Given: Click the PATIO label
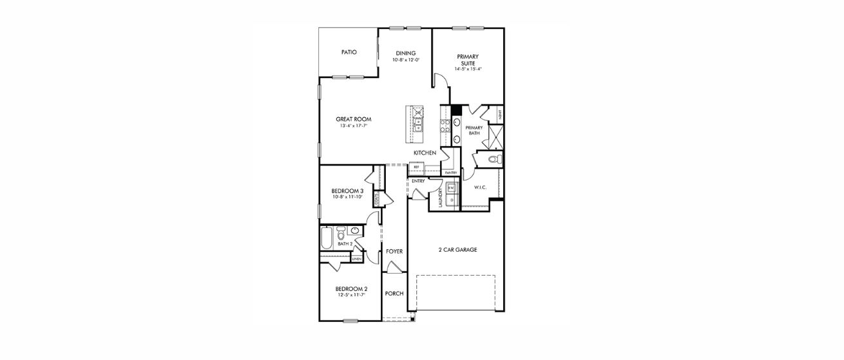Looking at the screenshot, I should click(349, 52).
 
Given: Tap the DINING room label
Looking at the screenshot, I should click(405, 53).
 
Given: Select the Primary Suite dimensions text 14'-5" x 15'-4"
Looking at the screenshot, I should click(468, 69).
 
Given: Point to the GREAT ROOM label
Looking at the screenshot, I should click(353, 119).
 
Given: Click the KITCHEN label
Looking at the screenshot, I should click(425, 153).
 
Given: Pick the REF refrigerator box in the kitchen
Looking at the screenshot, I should click(416, 167).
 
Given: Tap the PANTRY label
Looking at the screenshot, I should click(451, 173).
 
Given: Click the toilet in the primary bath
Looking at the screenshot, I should click(495, 159).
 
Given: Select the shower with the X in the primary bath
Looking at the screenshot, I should click(495, 136).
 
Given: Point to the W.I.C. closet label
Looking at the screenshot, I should click(479, 187).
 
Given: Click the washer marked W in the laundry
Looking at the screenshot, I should click(452, 187).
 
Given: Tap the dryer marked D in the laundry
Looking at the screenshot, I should click(452, 200).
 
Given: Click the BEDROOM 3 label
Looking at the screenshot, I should click(347, 191).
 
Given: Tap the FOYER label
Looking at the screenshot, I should click(394, 251).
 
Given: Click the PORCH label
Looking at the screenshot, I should click(394, 294).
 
